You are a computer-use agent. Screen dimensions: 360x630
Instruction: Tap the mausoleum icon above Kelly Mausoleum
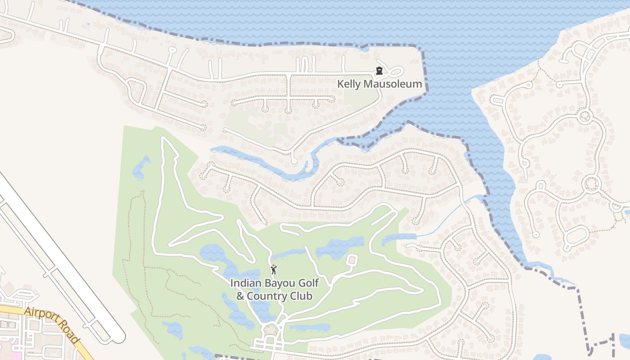tap(379, 71)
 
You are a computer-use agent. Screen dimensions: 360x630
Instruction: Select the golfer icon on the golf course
tap(274, 270)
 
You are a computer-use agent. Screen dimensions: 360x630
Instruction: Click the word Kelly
tap(349, 84)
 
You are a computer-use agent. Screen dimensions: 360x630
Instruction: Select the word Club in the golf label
tap(301, 297)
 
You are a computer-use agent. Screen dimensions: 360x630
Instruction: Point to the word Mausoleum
tap(392, 84)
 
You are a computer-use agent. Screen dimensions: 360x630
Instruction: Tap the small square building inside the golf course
tap(352, 260)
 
